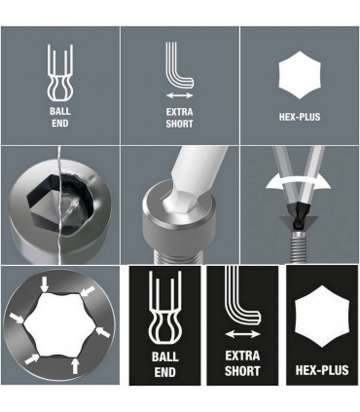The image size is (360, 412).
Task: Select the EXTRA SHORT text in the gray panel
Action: click(x=179, y=118)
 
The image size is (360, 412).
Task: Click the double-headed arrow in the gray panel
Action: click(x=179, y=96)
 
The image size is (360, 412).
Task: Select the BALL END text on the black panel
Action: click(x=164, y=363)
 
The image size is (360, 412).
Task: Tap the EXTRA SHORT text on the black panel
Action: click(x=242, y=364)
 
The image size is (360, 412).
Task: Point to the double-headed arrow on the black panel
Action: click(x=242, y=334)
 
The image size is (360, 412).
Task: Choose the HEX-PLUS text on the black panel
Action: click(x=320, y=371)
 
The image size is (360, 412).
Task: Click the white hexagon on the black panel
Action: click(x=320, y=319)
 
